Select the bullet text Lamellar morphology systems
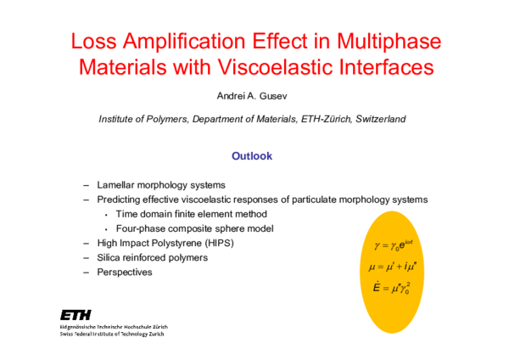160,185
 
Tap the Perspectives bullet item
124,272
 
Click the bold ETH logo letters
77,313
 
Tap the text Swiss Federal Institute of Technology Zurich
113,334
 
